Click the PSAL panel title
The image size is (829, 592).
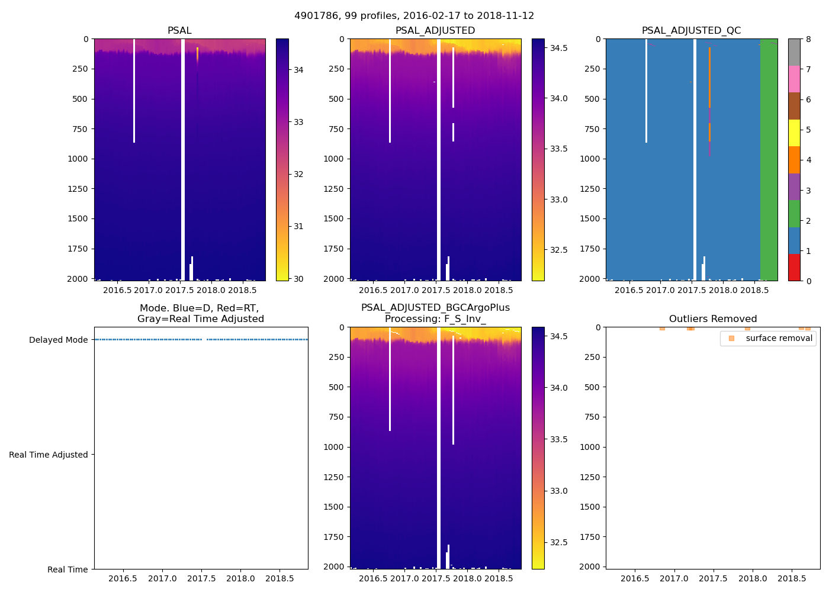click(179, 31)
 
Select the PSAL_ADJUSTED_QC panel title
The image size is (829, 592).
click(691, 31)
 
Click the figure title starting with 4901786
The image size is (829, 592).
click(414, 16)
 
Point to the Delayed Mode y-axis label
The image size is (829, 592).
click(58, 340)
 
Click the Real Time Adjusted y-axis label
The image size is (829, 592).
click(48, 455)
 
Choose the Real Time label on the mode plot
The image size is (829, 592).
click(68, 570)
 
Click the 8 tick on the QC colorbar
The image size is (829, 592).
click(809, 39)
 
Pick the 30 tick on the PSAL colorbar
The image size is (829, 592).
click(298, 279)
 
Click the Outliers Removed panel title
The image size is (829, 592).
click(713, 318)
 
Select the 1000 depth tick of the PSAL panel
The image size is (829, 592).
click(80, 159)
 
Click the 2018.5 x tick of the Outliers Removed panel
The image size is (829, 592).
click(792, 578)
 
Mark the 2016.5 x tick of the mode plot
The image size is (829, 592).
click(123, 578)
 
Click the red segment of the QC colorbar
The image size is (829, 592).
click(794, 267)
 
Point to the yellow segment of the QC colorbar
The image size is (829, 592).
click(794, 133)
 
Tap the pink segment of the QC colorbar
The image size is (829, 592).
click(794, 79)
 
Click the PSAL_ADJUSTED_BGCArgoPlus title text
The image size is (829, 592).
click(435, 308)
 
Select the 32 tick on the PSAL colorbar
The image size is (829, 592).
click(298, 174)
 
